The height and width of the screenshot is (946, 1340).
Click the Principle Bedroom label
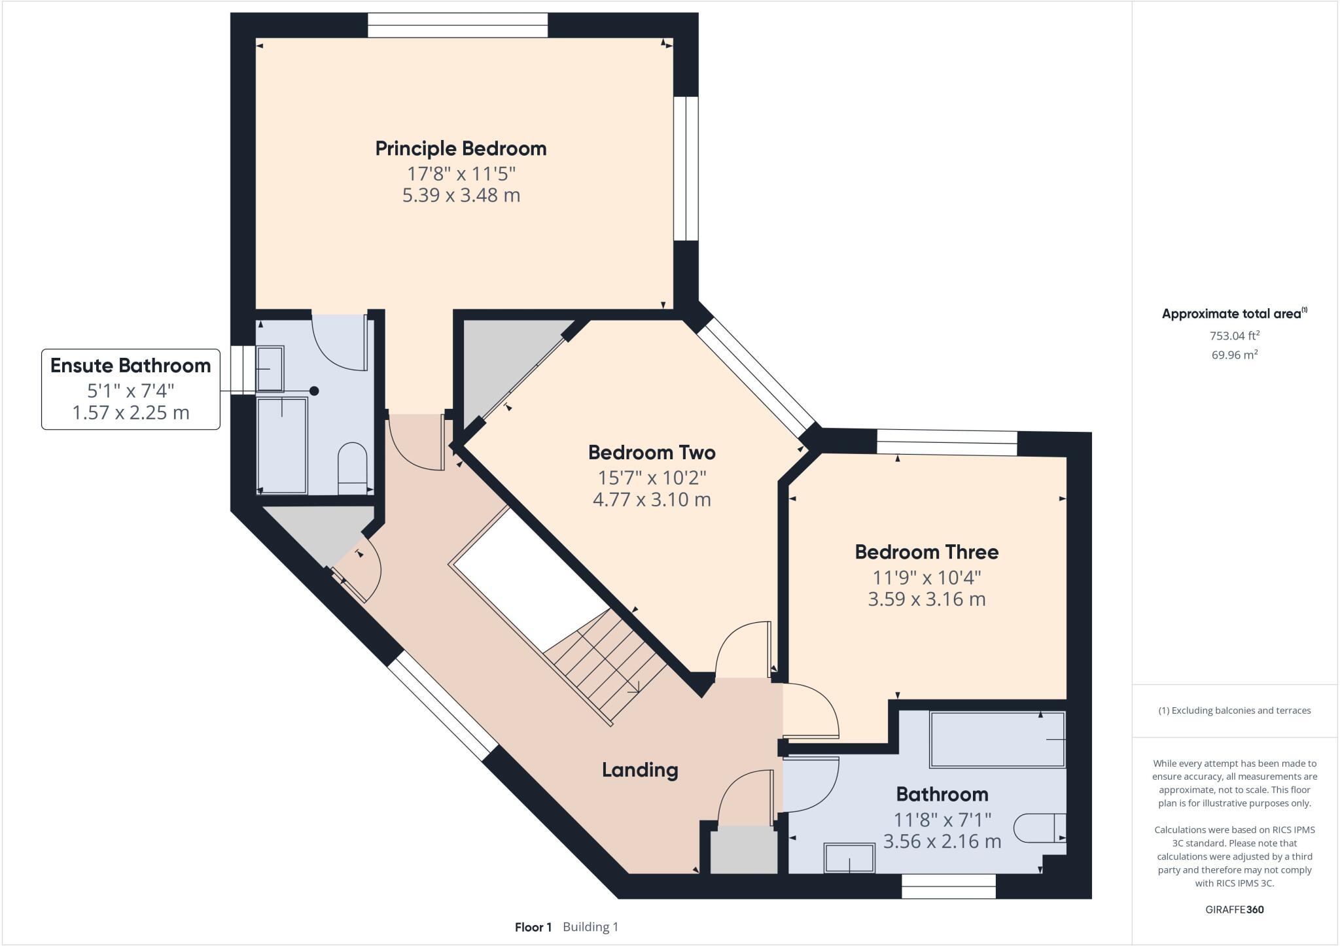(x=461, y=149)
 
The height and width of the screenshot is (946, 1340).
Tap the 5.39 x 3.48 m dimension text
(x=461, y=196)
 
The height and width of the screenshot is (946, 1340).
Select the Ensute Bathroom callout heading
(x=130, y=366)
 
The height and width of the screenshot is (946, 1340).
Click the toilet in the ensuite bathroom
(x=353, y=467)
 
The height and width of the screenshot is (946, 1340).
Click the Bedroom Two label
(x=651, y=453)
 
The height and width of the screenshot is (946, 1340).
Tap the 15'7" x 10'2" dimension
(x=651, y=478)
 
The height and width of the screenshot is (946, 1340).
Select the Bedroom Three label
(x=926, y=552)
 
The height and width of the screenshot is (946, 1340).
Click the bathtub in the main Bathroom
(x=996, y=739)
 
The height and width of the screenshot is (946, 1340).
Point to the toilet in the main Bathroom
(x=1039, y=828)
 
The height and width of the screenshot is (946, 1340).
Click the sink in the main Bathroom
(x=849, y=858)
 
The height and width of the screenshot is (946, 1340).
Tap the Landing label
(x=639, y=770)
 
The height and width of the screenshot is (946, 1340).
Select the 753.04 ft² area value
(x=1234, y=336)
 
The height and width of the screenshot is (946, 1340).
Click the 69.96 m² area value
(x=1234, y=355)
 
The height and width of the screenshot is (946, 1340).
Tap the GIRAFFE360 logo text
(x=1234, y=909)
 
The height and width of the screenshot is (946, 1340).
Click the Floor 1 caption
(x=533, y=927)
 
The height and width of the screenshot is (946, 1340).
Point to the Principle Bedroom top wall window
(x=457, y=26)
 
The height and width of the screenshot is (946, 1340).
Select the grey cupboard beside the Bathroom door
(x=743, y=849)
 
